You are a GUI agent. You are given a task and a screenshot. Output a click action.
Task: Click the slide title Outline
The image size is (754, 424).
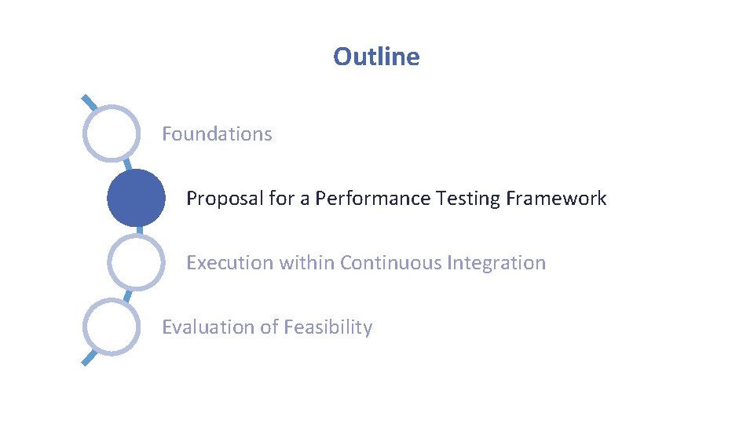(376, 57)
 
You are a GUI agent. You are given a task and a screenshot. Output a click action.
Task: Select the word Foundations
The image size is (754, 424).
(217, 134)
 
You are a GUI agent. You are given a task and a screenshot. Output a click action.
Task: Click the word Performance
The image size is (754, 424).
(373, 199)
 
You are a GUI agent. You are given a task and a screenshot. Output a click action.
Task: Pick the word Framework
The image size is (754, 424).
(556, 199)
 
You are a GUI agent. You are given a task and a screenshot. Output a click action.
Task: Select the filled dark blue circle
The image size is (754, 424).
(136, 198)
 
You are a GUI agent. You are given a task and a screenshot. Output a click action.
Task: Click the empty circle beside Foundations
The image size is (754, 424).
(112, 133)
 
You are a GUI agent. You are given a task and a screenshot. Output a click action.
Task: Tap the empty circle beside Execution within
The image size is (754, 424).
(136, 262)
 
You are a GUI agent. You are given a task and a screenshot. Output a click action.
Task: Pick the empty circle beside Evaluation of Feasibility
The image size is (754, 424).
(112, 327)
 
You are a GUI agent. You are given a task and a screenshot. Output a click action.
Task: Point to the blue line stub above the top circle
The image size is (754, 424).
(90, 103)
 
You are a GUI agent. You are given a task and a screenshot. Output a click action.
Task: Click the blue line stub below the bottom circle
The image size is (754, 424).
(90, 358)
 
